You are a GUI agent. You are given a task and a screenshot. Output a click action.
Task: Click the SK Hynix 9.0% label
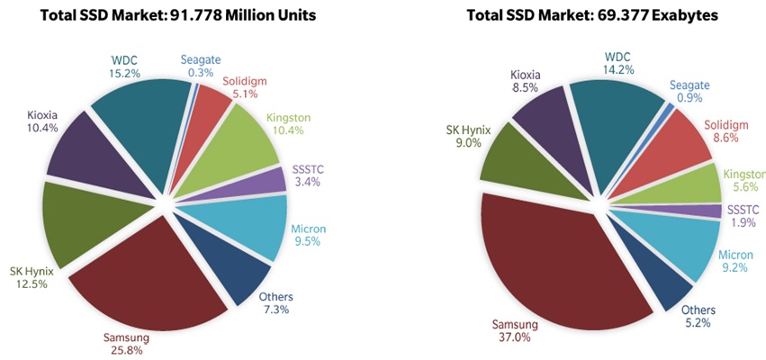pyautogui.click(x=467, y=135)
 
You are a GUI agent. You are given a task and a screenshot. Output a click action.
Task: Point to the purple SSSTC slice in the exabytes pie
pyautogui.click(x=711, y=211)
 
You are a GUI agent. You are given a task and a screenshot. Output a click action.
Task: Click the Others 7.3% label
pyautogui.click(x=275, y=304)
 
